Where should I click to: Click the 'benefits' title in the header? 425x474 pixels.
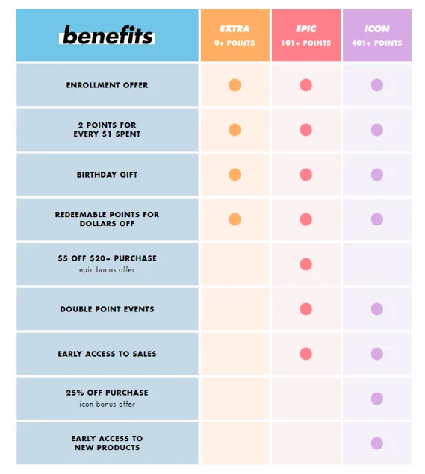(108, 35)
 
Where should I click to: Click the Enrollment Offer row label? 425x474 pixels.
(107, 85)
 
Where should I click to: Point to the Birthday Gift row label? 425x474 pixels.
(107, 175)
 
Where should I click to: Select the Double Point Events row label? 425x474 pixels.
(107, 309)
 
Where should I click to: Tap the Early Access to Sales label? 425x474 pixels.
(107, 354)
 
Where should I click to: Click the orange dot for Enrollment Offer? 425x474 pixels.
(235, 85)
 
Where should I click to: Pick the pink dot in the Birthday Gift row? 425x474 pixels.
(305, 175)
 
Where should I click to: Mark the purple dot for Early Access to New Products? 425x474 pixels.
(376, 443)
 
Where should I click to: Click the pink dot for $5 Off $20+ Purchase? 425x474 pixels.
(305, 264)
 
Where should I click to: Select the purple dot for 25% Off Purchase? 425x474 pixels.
(376, 399)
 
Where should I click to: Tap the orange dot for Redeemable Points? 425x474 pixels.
(235, 219)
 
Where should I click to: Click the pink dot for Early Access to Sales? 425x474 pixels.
(305, 354)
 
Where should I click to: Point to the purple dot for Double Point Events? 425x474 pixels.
(376, 309)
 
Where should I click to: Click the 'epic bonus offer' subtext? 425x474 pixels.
(107, 270)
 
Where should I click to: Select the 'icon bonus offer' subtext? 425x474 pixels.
(107, 405)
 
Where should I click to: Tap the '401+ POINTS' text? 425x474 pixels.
(376, 43)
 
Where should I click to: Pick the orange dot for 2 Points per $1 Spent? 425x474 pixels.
(235, 130)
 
